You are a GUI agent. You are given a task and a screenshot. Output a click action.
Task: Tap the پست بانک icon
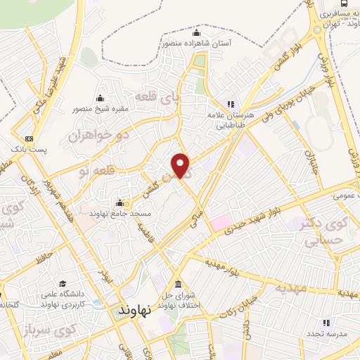tap(28, 139)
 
